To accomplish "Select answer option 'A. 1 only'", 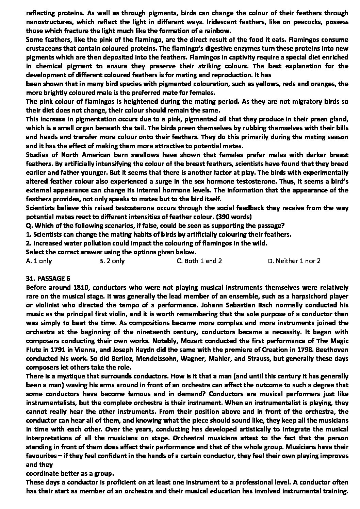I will click(39, 261).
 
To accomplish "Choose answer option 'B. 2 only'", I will click(112, 261).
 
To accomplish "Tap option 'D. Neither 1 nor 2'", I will click(294, 261).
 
